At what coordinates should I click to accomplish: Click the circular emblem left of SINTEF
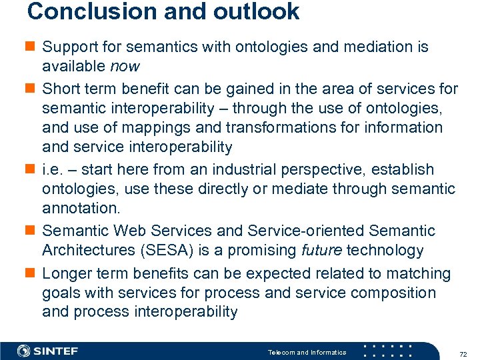coord(23,351)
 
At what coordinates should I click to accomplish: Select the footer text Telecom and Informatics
coord(307,352)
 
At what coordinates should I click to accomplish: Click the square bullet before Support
coord(31,47)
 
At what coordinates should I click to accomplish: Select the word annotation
coord(81,209)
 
